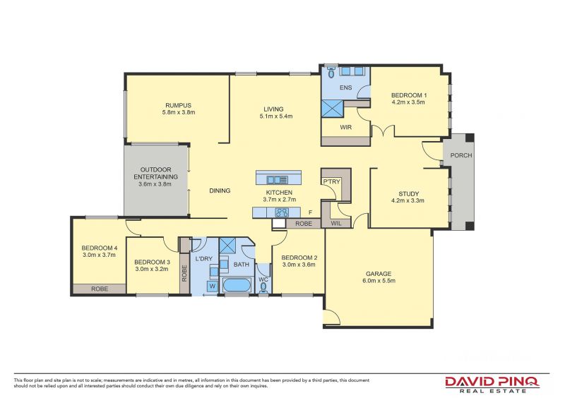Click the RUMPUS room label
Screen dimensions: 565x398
179,106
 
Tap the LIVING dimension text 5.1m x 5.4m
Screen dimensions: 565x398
276,116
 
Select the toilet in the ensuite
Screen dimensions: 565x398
331,72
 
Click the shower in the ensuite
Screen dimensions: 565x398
333,109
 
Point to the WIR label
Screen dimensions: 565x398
346,127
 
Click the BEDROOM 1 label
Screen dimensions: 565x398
409,95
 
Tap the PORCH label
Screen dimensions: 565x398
461,155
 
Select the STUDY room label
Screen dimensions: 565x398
409,194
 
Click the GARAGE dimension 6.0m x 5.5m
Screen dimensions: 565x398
379,281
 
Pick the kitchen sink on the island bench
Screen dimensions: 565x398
277,180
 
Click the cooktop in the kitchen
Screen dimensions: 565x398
282,212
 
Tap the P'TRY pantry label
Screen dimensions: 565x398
331,181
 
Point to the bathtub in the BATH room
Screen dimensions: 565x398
237,286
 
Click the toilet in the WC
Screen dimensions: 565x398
263,287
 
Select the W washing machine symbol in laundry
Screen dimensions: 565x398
213,286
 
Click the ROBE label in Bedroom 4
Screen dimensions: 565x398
100,289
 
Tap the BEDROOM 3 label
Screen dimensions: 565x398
152,263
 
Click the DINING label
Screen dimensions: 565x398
220,191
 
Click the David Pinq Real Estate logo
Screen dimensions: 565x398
492,385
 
